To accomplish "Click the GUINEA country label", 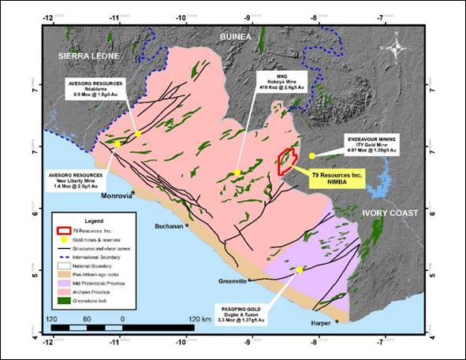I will pyautogui.click(x=236, y=37).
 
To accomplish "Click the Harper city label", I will pyautogui.click(x=319, y=321).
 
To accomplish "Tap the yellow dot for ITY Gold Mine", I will pyautogui.click(x=312, y=155).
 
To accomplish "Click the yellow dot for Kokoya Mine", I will pyautogui.click(x=237, y=173).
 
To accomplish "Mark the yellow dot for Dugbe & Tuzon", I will pyautogui.click(x=300, y=270).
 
